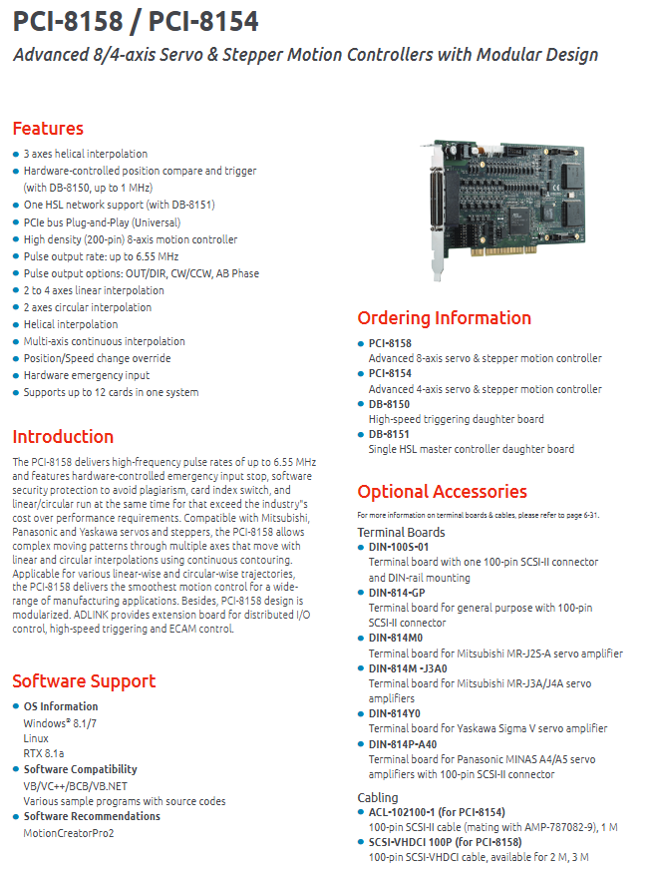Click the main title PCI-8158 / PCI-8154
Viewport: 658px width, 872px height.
136,22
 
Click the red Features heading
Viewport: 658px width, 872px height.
48,129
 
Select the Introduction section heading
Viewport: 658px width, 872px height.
63,437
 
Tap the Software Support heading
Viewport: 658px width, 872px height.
84,681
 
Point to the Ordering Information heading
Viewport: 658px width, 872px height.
444,318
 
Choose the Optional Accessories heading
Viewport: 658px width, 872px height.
443,492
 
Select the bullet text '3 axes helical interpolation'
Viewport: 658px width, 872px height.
86,154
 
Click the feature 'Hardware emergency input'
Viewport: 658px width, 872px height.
87,375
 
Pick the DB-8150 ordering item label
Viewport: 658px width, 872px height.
389,404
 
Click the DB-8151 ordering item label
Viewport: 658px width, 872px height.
389,434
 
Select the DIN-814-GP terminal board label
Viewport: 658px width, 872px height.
397,593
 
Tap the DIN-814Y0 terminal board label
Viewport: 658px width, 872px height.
395,713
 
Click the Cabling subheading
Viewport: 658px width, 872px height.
378,797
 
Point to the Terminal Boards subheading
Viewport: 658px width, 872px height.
401,532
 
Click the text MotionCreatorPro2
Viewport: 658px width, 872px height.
69,833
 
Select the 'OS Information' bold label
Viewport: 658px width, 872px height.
61,706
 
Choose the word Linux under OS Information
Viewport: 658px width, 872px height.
36,738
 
